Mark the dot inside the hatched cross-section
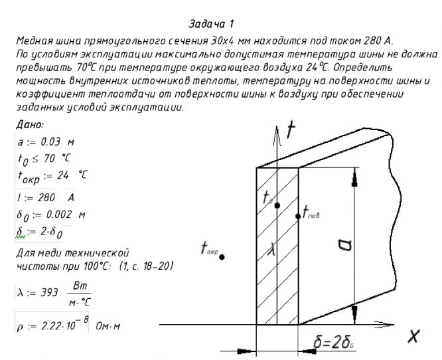[277, 203]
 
